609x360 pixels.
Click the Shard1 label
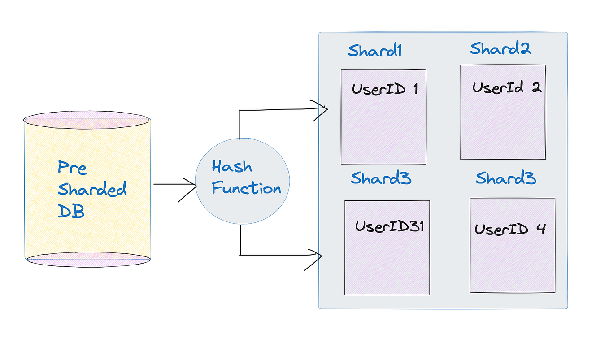point(374,51)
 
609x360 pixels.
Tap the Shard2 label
point(500,48)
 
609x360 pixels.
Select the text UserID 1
point(385,89)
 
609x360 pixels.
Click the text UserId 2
point(507,87)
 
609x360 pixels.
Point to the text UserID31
point(389,226)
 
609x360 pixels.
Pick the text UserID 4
point(510,229)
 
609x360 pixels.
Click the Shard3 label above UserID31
point(381,178)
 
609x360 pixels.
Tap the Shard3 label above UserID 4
point(505,178)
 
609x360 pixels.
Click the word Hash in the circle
point(231,167)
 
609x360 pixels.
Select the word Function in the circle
point(246,188)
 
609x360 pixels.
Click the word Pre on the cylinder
point(72,168)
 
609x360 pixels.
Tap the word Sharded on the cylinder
point(92,189)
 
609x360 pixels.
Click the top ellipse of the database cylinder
point(86,120)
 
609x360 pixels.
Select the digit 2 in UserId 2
point(536,87)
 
